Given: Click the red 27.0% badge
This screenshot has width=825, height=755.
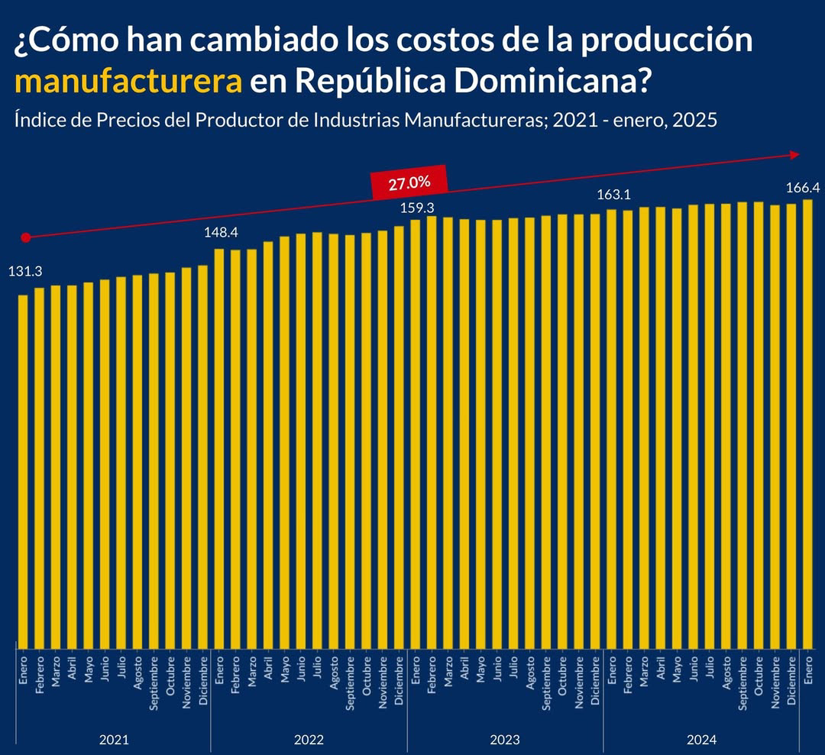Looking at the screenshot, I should [409, 183].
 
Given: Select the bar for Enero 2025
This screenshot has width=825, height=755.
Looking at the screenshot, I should [807, 424].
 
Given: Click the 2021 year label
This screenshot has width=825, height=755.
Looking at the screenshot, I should [113, 739].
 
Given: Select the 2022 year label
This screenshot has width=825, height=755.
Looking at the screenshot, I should [309, 739].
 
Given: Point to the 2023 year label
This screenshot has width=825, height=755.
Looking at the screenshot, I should [505, 739].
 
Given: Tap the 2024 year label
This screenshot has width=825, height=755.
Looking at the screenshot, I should [701, 739].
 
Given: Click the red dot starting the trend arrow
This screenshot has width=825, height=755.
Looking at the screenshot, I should [25, 237].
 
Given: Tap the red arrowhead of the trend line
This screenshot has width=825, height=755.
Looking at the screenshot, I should [795, 155].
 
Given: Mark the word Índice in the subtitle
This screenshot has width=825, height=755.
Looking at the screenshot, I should [37, 121].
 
